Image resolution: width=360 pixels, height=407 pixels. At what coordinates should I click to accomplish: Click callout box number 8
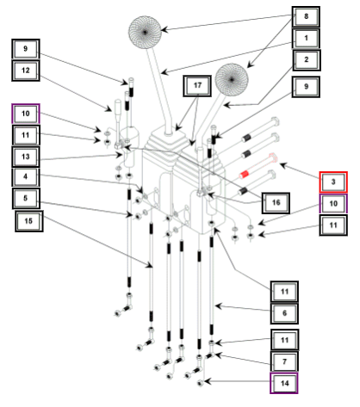click(x=306, y=16)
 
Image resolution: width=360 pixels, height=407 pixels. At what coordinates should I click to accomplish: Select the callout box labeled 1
click(x=306, y=38)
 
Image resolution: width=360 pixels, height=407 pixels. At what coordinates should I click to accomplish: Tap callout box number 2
click(x=307, y=60)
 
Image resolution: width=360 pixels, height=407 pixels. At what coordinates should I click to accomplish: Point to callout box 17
click(x=197, y=85)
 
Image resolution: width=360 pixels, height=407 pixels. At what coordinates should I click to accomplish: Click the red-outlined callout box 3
click(x=333, y=182)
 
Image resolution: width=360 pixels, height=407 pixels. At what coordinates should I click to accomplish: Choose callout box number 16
click(x=276, y=203)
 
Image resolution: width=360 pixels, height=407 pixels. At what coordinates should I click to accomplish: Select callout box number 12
click(x=26, y=71)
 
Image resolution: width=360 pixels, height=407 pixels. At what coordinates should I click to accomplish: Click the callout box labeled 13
click(x=26, y=157)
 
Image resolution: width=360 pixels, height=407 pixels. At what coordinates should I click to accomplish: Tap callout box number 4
click(x=26, y=176)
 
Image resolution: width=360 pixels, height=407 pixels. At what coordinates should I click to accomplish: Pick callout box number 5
click(x=26, y=198)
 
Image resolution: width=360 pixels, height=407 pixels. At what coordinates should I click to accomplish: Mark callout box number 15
click(x=28, y=221)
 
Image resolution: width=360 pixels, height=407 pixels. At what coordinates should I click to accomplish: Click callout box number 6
click(x=284, y=313)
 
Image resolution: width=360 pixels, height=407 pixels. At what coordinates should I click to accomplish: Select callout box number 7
click(x=284, y=361)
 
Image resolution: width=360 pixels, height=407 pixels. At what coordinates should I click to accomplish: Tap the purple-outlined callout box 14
click(x=284, y=383)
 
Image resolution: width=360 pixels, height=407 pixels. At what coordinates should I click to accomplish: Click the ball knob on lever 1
click(x=145, y=32)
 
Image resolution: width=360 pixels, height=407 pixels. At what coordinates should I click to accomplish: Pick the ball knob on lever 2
click(x=232, y=79)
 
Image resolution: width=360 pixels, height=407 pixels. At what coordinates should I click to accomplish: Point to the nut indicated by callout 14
click(x=201, y=382)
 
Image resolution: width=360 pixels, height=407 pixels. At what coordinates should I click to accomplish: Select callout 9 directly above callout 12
click(x=26, y=49)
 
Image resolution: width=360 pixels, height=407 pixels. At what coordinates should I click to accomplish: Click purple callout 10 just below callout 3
click(x=333, y=204)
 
